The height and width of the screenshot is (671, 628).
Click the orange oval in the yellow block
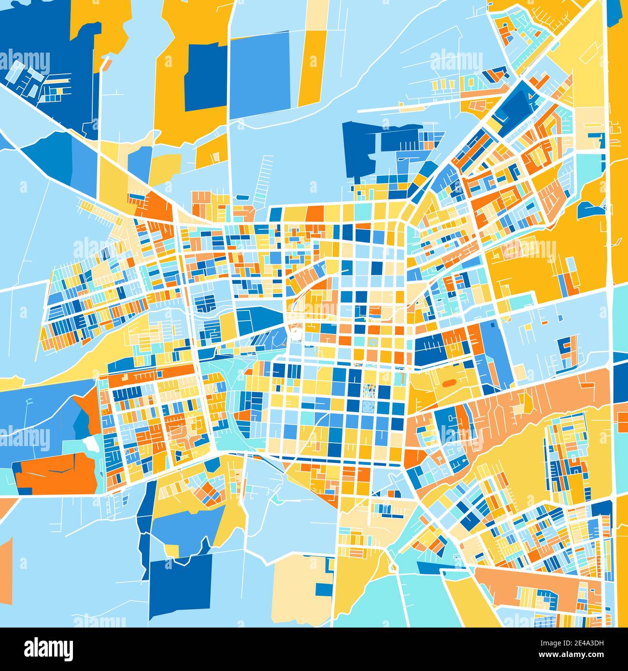[x=448, y=382]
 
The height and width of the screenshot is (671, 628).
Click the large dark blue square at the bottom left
[x=181, y=585]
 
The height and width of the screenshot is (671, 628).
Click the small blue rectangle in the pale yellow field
[x=323, y=589]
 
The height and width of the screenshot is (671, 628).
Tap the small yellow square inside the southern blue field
[x=171, y=550]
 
